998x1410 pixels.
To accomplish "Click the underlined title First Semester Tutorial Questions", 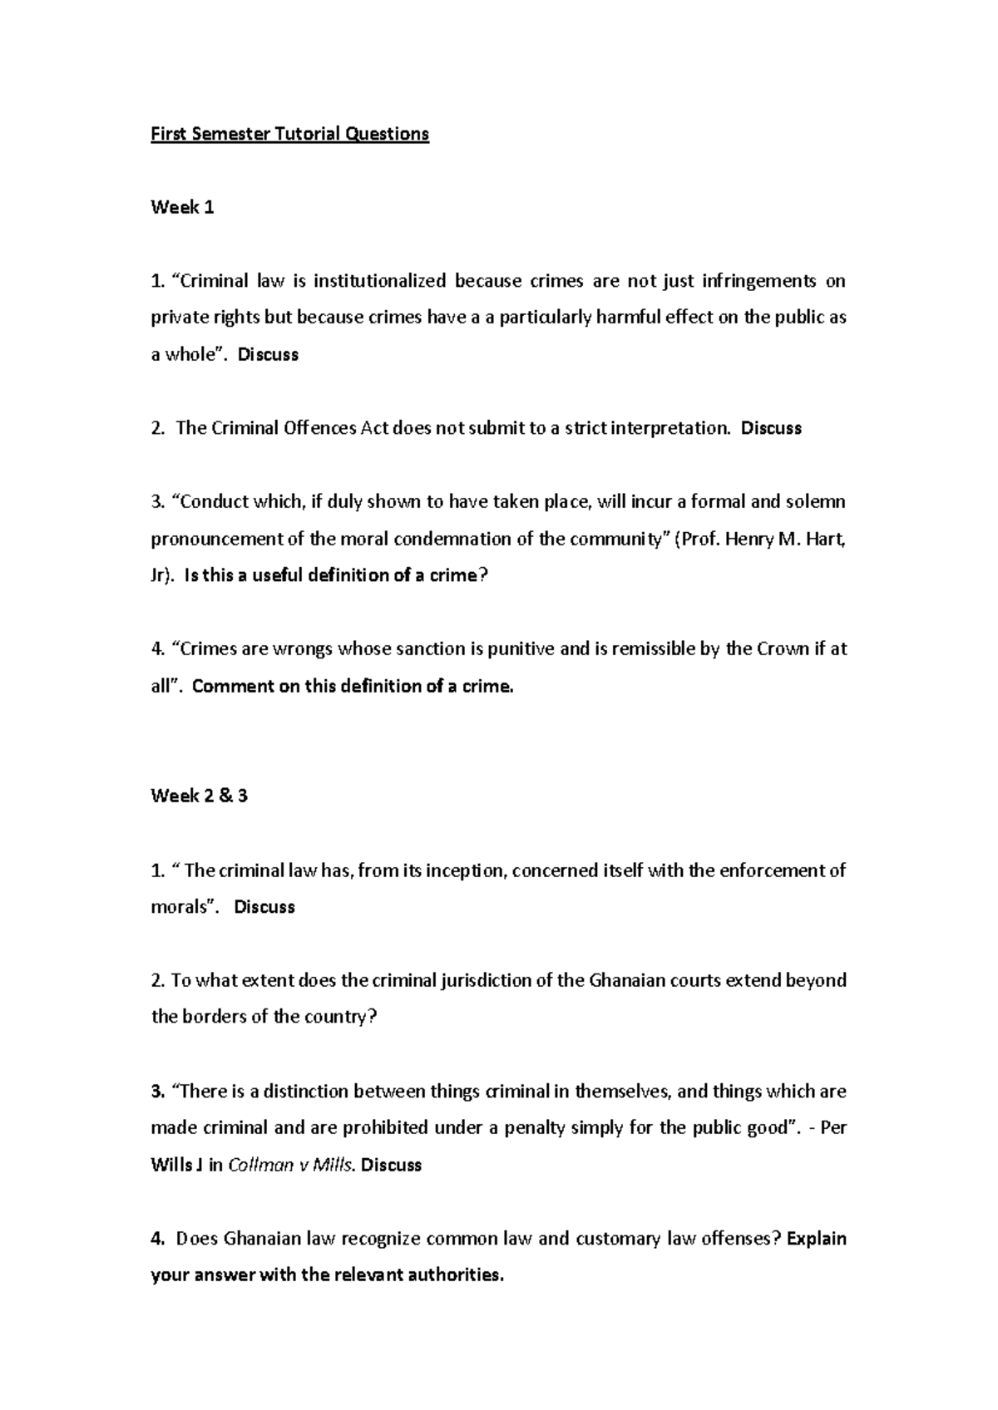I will (289, 134).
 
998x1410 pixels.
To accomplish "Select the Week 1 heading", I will (182, 208).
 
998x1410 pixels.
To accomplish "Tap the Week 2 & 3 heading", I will (199, 796).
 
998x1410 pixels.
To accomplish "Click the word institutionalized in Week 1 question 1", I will (379, 281).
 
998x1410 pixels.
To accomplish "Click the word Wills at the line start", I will (171, 1165).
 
